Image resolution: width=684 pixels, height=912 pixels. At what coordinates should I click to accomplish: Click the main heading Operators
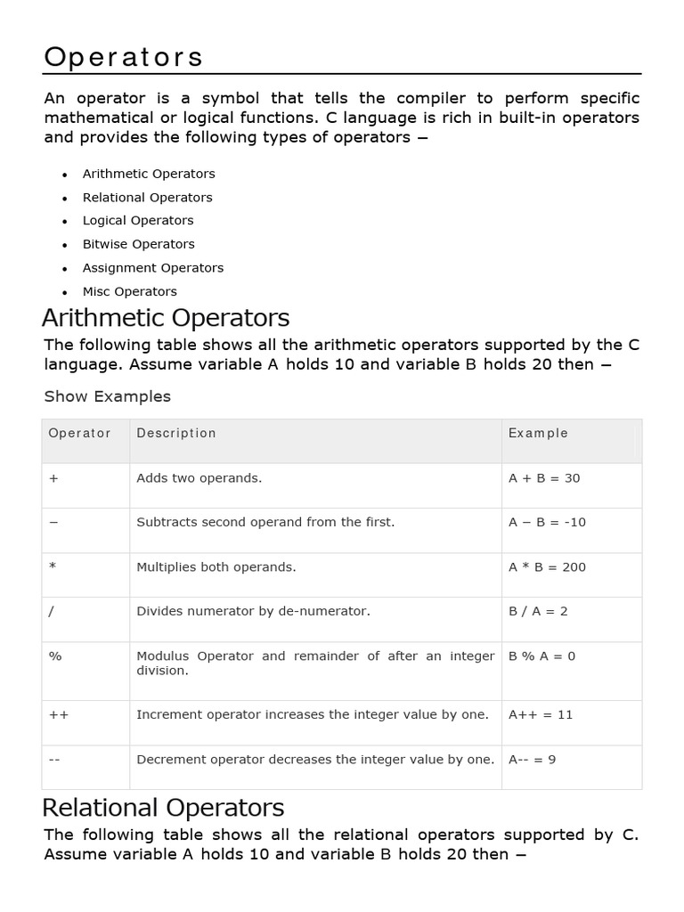coord(124,57)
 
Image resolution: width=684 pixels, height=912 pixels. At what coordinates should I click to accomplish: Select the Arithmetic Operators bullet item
coord(149,174)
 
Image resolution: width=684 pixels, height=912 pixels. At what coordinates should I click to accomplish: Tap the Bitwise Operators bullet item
coord(138,244)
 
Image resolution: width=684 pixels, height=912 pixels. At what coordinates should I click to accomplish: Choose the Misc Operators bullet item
coord(129,291)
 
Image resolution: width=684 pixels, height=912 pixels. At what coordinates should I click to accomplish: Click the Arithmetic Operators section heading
coord(167,318)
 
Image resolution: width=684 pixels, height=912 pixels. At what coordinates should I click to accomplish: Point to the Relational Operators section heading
coord(164,808)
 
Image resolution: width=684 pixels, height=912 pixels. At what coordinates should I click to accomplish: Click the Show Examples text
coord(107,396)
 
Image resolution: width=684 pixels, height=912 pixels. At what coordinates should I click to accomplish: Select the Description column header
coord(176,433)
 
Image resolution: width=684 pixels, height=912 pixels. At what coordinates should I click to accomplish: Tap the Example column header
coord(538,433)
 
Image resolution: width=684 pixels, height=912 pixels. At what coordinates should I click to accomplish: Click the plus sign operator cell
coord(53,478)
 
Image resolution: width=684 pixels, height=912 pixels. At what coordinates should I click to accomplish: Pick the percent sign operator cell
coord(55,656)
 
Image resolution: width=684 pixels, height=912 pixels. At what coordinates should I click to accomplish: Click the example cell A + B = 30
coord(544,478)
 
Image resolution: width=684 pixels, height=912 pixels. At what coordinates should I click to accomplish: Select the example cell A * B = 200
coord(547,567)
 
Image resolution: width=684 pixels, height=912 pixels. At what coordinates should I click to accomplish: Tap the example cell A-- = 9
coord(532,760)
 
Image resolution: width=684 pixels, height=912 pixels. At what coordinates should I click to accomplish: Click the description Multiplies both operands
coord(216,567)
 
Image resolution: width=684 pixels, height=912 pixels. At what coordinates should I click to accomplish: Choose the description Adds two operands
coord(199,478)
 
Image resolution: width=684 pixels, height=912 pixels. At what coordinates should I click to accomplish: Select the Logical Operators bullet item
coord(138,221)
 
